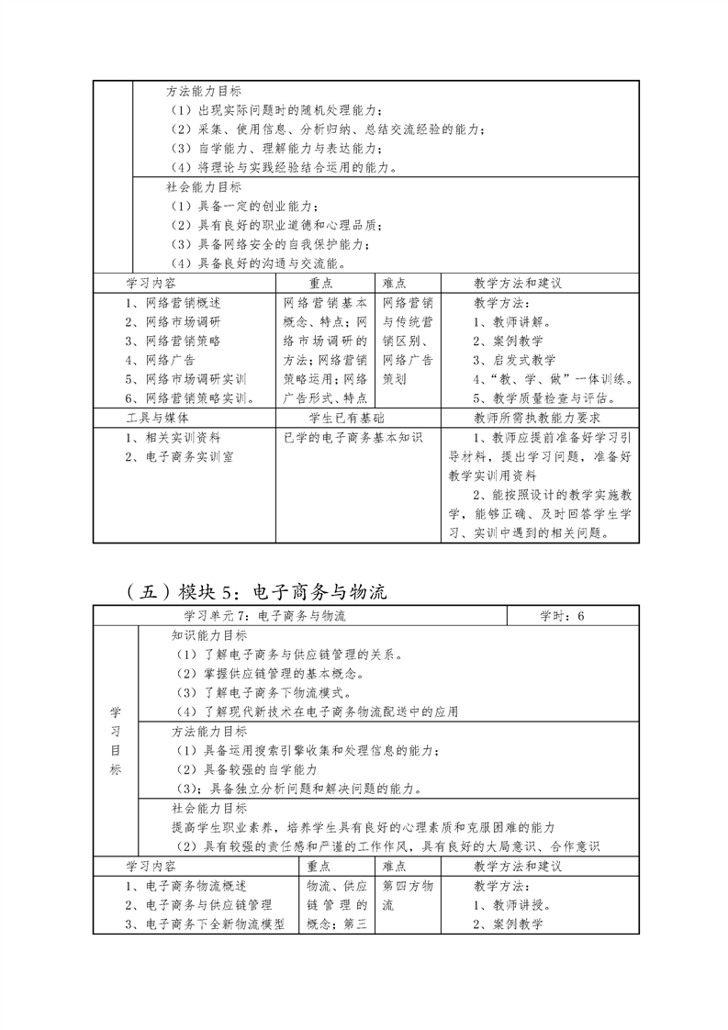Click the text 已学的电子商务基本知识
pos(353,438)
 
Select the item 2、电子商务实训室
pos(179,457)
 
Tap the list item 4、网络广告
pos(160,360)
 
